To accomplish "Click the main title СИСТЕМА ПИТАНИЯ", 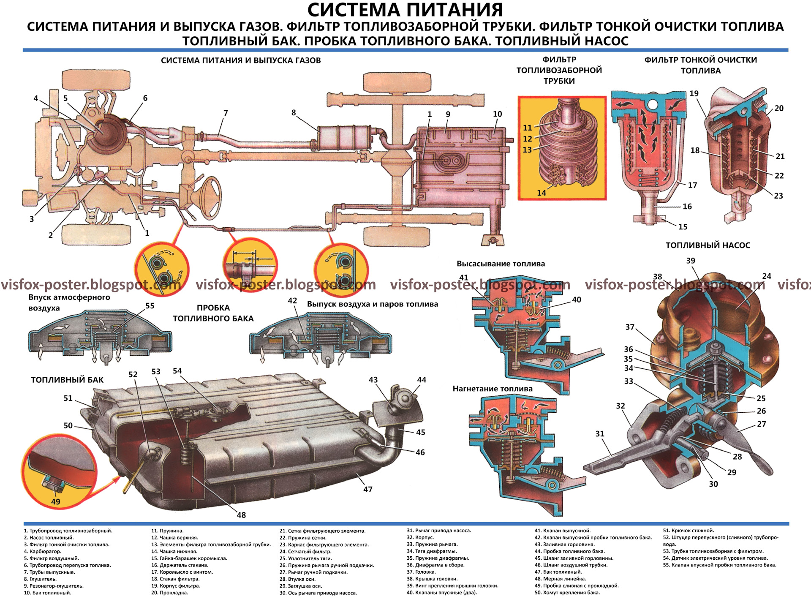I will pyautogui.click(x=405, y=10).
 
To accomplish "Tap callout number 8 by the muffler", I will pyautogui.click(x=294, y=113).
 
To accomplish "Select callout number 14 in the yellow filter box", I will pyautogui.click(x=541, y=193).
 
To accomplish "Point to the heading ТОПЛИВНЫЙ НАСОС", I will pyautogui.click(x=708, y=245).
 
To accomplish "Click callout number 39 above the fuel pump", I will pyautogui.click(x=691, y=261).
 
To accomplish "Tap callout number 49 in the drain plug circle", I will pyautogui.click(x=55, y=501).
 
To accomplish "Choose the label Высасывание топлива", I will pyautogui.click(x=501, y=264).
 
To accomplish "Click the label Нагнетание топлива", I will pyautogui.click(x=493, y=389).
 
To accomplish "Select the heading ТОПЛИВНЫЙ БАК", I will pyautogui.click(x=67, y=380).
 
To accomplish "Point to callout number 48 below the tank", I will pyautogui.click(x=241, y=515).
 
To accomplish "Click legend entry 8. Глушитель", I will pyautogui.click(x=40, y=579).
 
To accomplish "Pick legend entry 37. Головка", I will pyautogui.click(x=421, y=572).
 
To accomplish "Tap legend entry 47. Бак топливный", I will pyautogui.click(x=558, y=572).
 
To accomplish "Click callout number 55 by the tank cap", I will pyautogui.click(x=150, y=306).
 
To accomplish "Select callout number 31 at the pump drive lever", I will pyautogui.click(x=600, y=434).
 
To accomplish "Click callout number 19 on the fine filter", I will pyautogui.click(x=694, y=94).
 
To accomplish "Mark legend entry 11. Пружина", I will pyautogui.click(x=168, y=531).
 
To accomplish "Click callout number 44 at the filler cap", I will pyautogui.click(x=422, y=380).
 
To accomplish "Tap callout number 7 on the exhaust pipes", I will pyautogui.click(x=226, y=113).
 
